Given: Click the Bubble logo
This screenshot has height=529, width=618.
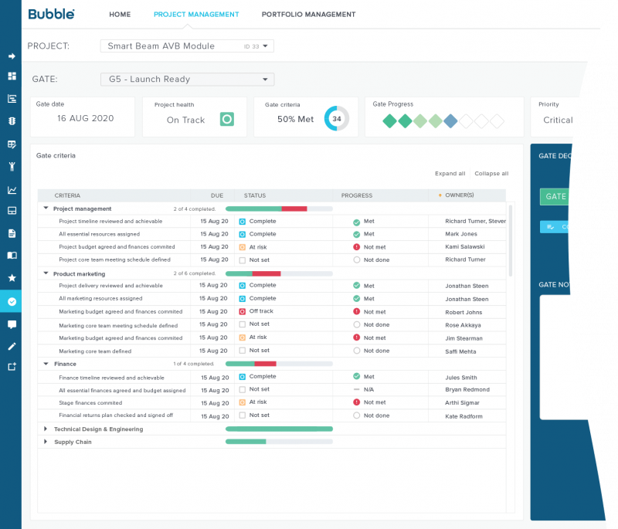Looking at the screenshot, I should [51, 14].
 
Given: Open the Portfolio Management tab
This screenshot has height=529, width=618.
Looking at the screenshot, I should [308, 15].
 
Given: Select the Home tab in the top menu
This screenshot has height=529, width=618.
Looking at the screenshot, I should [120, 15].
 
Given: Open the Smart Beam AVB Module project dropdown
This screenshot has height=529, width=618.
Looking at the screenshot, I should [187, 46].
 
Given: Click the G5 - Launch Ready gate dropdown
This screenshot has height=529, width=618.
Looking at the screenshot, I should [187, 79].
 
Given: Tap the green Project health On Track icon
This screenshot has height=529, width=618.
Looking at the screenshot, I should [226, 119].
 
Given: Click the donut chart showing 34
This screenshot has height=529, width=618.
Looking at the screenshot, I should [337, 119].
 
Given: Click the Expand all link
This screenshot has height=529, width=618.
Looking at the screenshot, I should [450, 174].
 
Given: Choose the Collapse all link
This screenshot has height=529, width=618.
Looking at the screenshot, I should [491, 174].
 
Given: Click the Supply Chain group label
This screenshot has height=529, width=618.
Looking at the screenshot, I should [73, 442].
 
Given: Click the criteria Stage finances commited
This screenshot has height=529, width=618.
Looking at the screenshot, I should [90, 402].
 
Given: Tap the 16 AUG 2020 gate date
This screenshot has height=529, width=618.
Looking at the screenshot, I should [85, 119].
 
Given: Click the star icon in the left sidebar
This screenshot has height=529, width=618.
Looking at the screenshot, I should [12, 277].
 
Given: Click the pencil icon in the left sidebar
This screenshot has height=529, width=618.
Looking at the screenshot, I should [12, 346].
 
